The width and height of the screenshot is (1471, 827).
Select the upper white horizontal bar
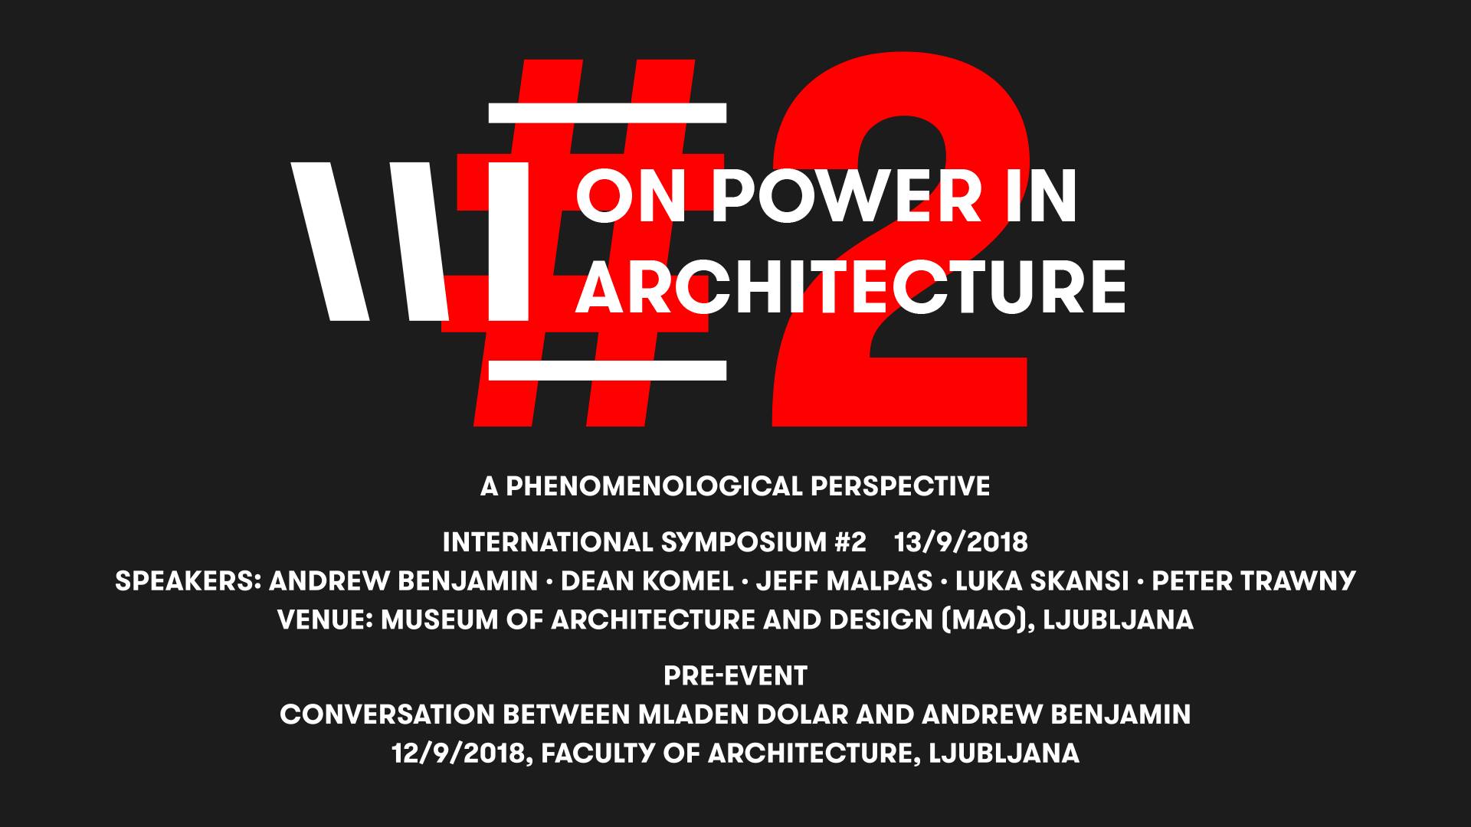point(607,113)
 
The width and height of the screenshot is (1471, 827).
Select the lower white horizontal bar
point(607,371)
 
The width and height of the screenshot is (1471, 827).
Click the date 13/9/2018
point(961,543)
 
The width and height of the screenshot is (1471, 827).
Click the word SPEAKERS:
point(188,581)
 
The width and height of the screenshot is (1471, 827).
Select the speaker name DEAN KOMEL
point(647,581)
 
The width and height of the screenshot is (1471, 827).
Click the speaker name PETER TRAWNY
point(1254,581)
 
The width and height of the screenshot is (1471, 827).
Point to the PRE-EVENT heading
point(735,676)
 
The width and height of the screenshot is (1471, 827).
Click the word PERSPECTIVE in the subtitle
point(898,486)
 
